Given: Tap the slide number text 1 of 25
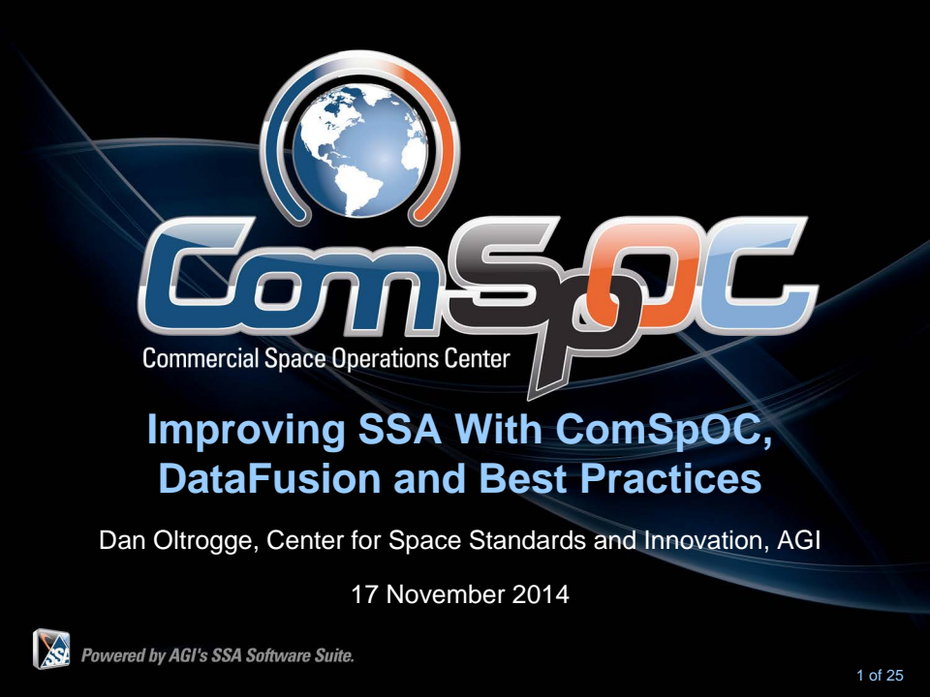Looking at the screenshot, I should [x=879, y=675].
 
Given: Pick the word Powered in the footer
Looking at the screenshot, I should [x=114, y=654].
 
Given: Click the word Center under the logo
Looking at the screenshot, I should [x=475, y=359].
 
